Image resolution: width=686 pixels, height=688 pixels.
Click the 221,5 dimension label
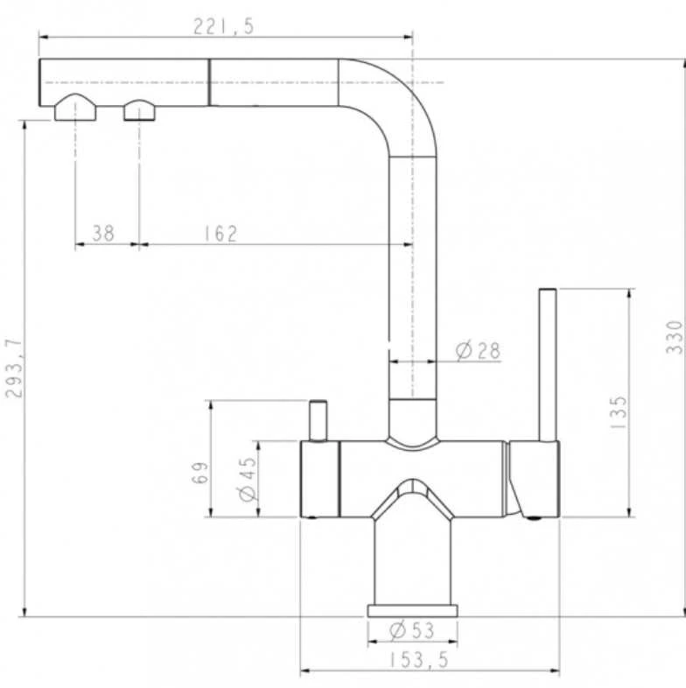(x=224, y=27)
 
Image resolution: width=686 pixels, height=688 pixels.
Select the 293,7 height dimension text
(x=14, y=369)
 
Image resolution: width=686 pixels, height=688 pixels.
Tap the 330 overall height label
(x=674, y=337)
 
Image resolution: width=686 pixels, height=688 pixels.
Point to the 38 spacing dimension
(x=103, y=234)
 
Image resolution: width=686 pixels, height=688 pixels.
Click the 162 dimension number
(x=220, y=234)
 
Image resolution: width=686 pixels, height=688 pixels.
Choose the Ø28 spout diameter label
(x=478, y=351)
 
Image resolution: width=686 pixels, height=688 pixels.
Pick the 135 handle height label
(x=619, y=412)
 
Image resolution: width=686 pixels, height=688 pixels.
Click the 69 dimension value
(x=200, y=472)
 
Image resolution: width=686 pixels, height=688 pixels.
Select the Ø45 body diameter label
(x=248, y=479)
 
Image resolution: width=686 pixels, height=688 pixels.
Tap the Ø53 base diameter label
(x=412, y=630)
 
